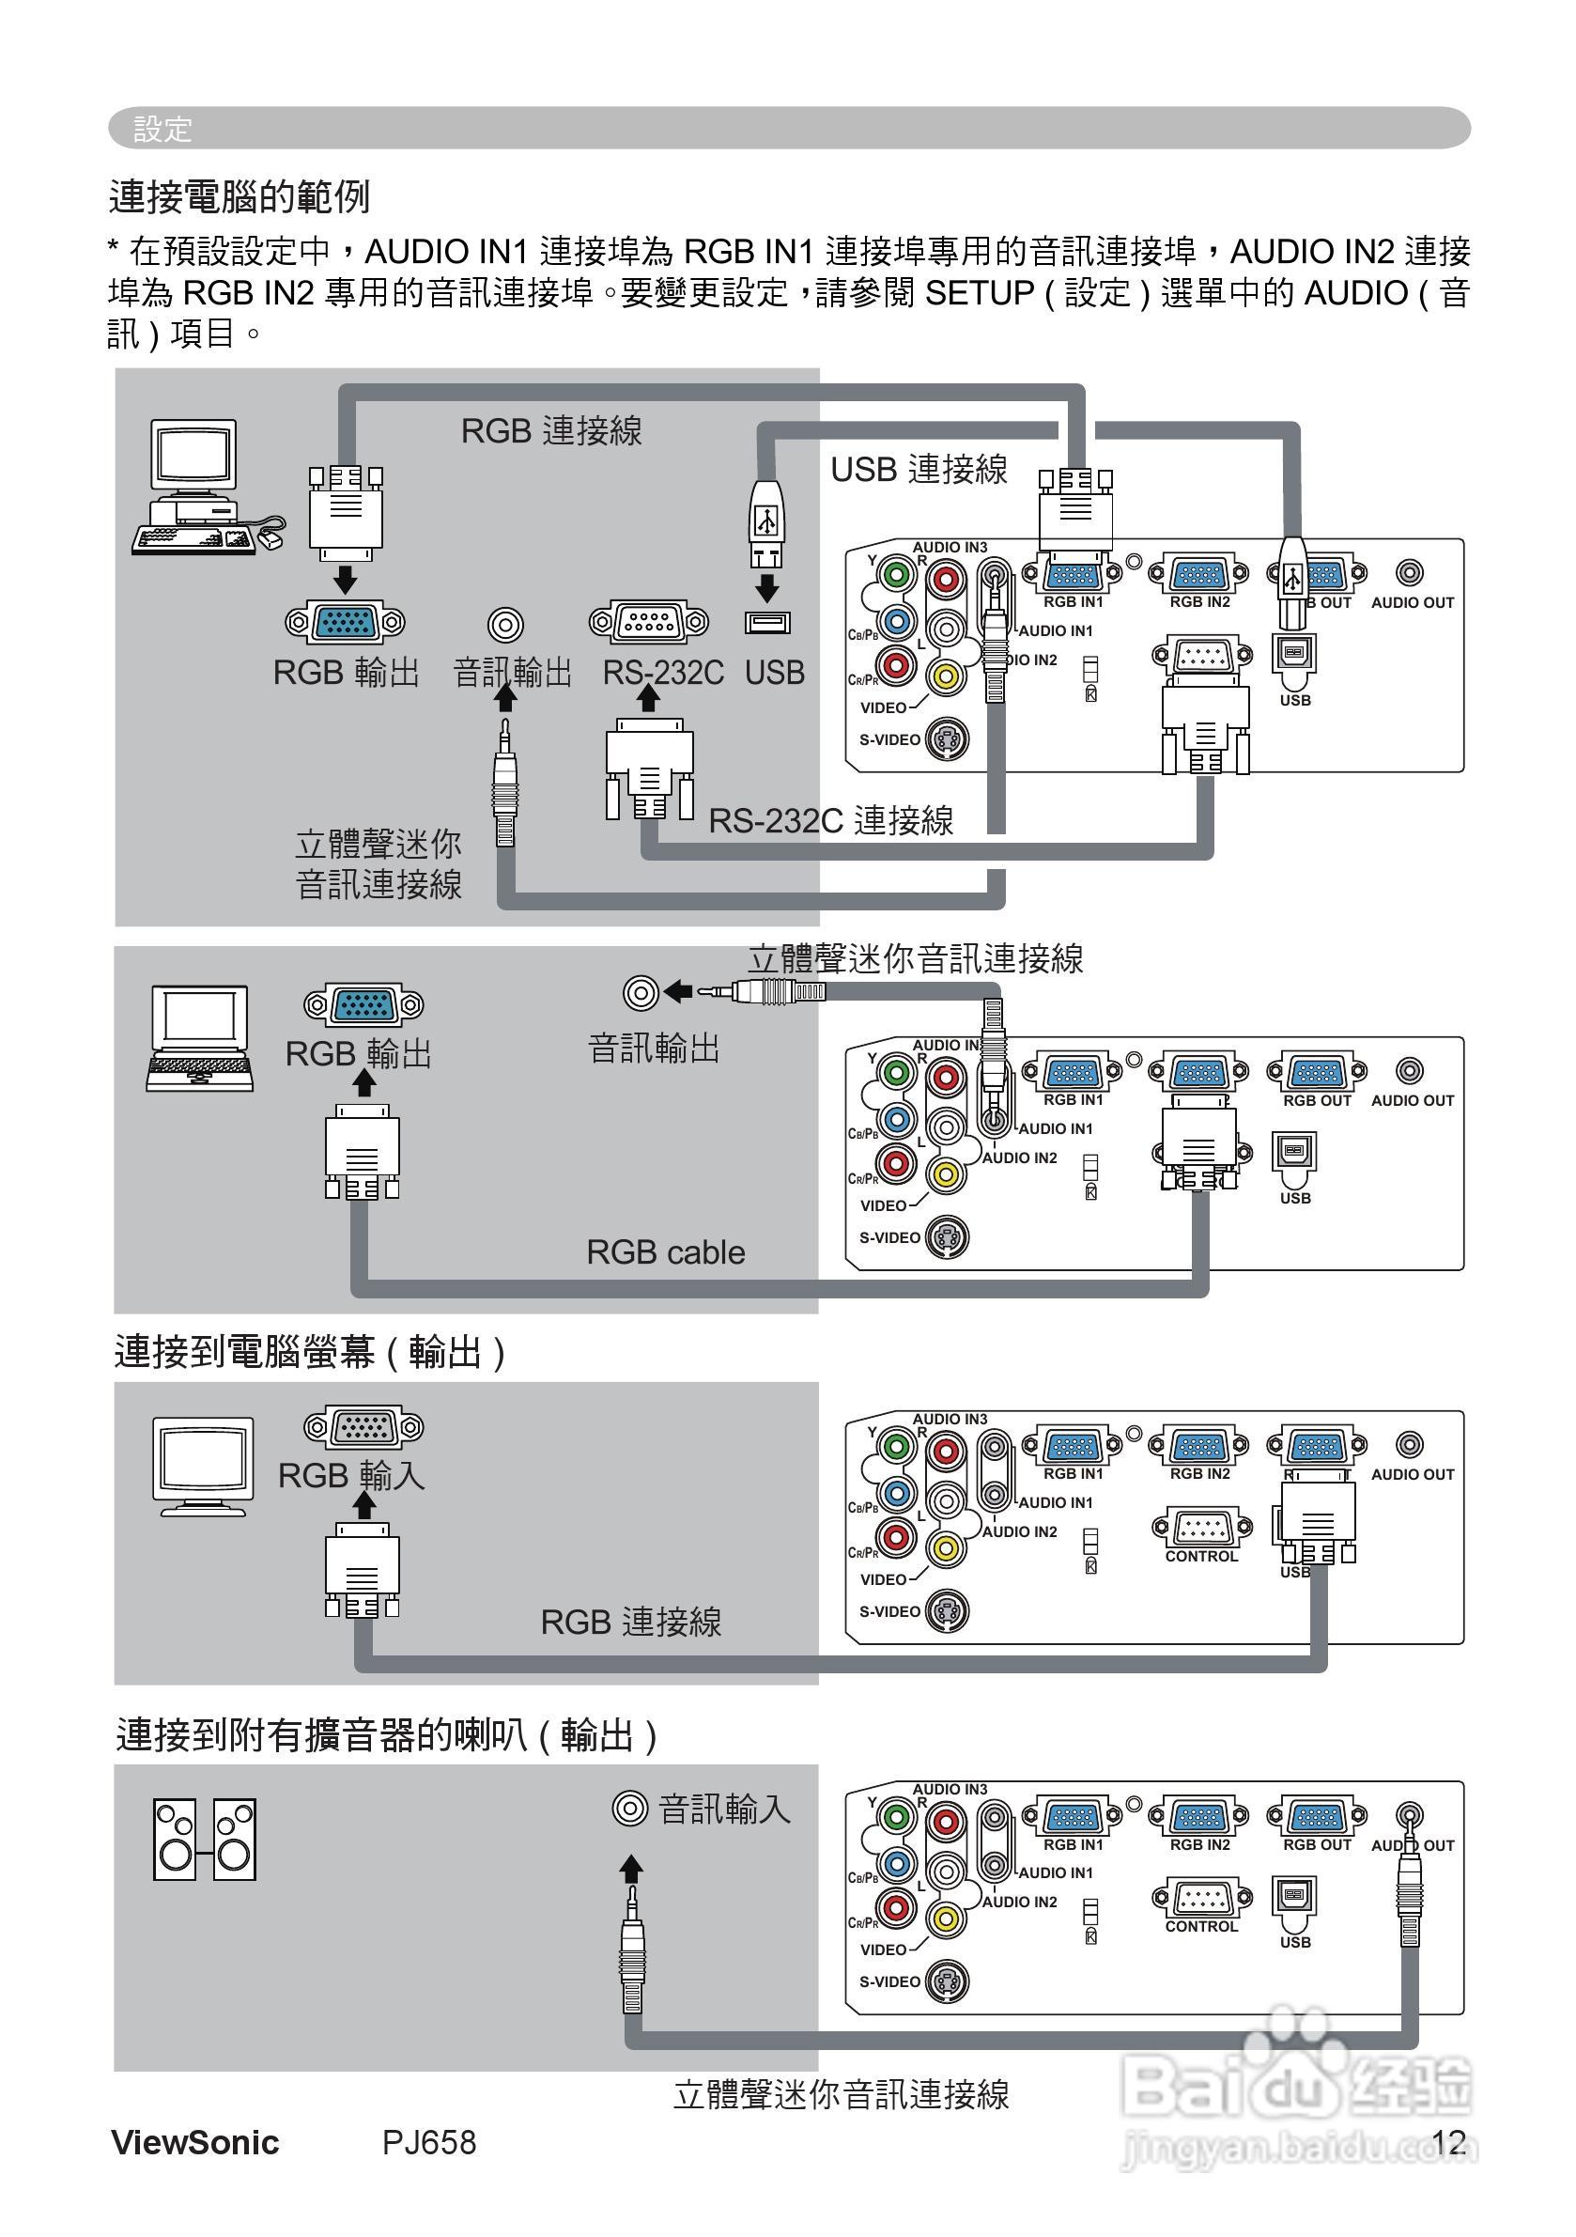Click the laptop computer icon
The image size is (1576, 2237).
coord(200,1036)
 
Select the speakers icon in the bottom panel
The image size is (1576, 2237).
coord(205,1839)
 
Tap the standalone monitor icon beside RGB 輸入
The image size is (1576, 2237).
coord(204,1466)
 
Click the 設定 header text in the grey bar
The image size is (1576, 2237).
coord(162,129)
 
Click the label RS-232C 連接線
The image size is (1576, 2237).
coord(830,820)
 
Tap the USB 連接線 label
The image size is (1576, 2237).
coord(919,470)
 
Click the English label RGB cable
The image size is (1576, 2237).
coord(665,1252)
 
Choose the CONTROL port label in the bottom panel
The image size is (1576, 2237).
coord(1201,1926)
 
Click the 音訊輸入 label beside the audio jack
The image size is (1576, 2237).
coord(725,1810)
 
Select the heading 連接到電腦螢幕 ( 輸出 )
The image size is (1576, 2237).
coord(310,1352)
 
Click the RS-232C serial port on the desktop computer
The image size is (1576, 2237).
coord(649,622)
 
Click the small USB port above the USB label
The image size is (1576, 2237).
coord(767,622)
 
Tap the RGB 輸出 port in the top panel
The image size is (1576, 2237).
coord(345,622)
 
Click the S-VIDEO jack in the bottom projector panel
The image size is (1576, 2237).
coord(946,1981)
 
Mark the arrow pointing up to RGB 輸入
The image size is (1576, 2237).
coord(364,1505)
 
